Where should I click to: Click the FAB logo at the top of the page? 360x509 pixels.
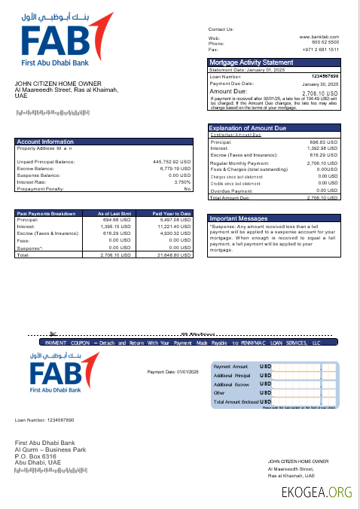tap(60, 41)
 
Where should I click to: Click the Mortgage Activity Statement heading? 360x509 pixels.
tap(251, 62)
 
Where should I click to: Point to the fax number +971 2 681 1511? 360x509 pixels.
tap(321, 49)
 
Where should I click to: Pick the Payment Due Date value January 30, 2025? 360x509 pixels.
tap(320, 84)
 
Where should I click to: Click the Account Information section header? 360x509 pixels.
tap(45, 142)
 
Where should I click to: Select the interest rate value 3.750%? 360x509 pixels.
tap(182, 181)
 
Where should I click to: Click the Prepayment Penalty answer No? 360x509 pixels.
tap(188, 188)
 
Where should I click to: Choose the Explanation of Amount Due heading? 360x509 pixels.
tap(248, 129)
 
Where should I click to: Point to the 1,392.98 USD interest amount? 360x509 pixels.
tap(322, 149)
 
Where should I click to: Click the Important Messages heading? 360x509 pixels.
tap(238, 218)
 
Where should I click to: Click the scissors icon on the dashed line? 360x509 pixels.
tap(52, 333)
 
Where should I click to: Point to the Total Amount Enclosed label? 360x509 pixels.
tap(236, 402)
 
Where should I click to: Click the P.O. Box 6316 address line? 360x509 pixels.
tap(35, 456)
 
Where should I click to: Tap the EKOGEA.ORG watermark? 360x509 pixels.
tap(316, 493)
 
